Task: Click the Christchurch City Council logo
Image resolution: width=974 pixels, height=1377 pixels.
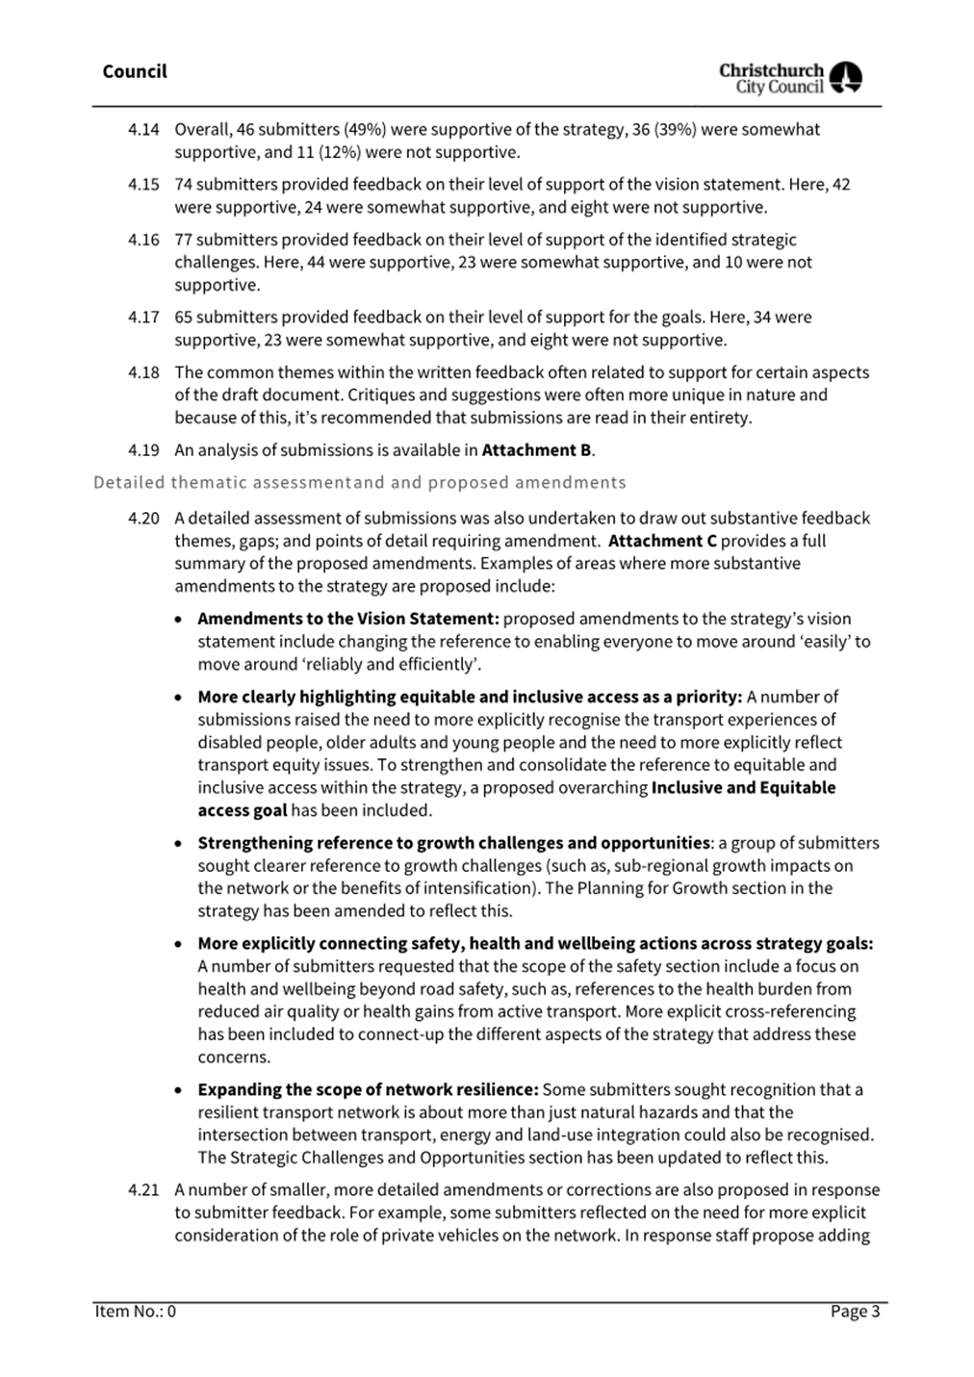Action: click(x=790, y=77)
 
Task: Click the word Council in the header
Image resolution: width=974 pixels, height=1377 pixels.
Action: click(x=134, y=71)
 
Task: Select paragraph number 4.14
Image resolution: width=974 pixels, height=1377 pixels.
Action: click(x=143, y=129)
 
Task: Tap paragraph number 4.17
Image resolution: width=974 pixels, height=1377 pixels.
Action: click(x=143, y=317)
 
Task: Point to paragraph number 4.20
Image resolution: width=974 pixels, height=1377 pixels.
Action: click(x=143, y=518)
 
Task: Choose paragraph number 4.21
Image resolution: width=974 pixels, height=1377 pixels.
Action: click(x=143, y=1189)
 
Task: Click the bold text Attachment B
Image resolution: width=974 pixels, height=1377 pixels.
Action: click(x=536, y=449)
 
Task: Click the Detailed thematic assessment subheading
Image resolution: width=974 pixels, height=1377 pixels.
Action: click(x=359, y=482)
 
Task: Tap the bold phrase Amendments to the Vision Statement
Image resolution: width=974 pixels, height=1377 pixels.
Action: click(x=347, y=619)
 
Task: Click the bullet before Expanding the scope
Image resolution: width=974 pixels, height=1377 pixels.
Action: click(x=179, y=1090)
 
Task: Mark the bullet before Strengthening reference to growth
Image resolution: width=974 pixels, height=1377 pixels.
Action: click(x=179, y=844)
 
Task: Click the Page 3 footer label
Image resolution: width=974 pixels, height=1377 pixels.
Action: click(x=855, y=1311)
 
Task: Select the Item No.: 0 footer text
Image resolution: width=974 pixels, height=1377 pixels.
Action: click(x=135, y=1311)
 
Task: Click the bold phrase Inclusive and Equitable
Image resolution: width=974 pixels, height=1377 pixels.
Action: click(x=743, y=787)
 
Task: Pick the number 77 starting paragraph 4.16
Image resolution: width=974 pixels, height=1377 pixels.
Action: click(x=183, y=240)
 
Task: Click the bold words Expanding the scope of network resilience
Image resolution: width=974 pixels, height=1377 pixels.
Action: click(x=368, y=1089)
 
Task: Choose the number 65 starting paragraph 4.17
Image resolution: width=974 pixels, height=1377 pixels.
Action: click(x=183, y=317)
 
